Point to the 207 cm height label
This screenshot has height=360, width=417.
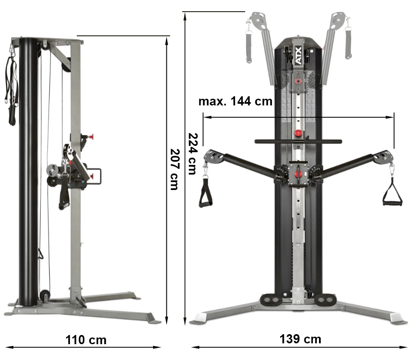point(174,169)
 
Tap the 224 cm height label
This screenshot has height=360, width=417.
point(193,154)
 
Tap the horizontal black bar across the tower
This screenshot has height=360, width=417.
point(298,142)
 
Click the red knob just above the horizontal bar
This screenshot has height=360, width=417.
point(298,133)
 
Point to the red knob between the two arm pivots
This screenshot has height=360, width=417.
point(298,174)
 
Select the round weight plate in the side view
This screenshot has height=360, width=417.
point(53,171)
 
